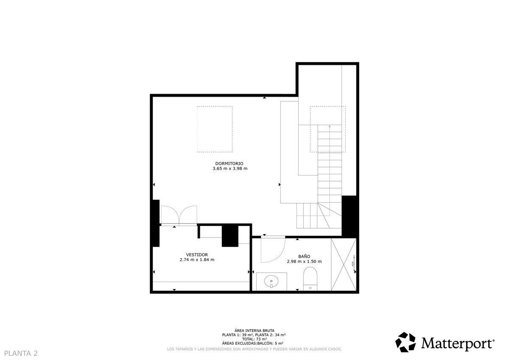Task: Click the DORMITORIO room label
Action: coord(229,163)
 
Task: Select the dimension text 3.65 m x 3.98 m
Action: coord(230,169)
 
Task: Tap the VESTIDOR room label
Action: coord(197,254)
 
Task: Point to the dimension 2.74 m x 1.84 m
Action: coord(197,260)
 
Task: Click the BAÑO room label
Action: coord(304,257)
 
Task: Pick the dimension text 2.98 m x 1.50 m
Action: coord(304,262)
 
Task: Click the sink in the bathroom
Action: coord(271,281)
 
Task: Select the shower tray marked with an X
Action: coord(343,265)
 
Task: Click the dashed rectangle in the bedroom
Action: coord(214,129)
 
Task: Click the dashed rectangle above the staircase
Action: coord(327,129)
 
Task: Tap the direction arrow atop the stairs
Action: coord(330,126)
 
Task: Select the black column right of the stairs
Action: coord(350,216)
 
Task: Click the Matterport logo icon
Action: coord(406,342)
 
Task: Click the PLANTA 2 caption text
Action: coord(21,353)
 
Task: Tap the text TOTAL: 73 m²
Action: coord(254,339)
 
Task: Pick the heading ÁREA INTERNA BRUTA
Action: coord(254,330)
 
